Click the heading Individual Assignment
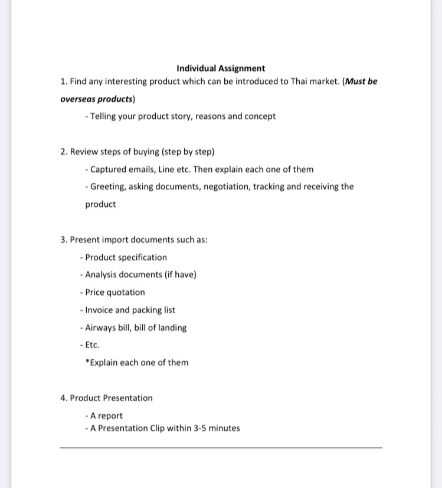click(221, 68)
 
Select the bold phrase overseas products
click(97, 99)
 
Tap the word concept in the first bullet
click(260, 116)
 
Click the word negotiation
click(226, 187)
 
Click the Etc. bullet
click(91, 345)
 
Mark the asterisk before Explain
click(87, 362)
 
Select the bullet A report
click(104, 416)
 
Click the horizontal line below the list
click(221, 448)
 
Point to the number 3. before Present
click(64, 240)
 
